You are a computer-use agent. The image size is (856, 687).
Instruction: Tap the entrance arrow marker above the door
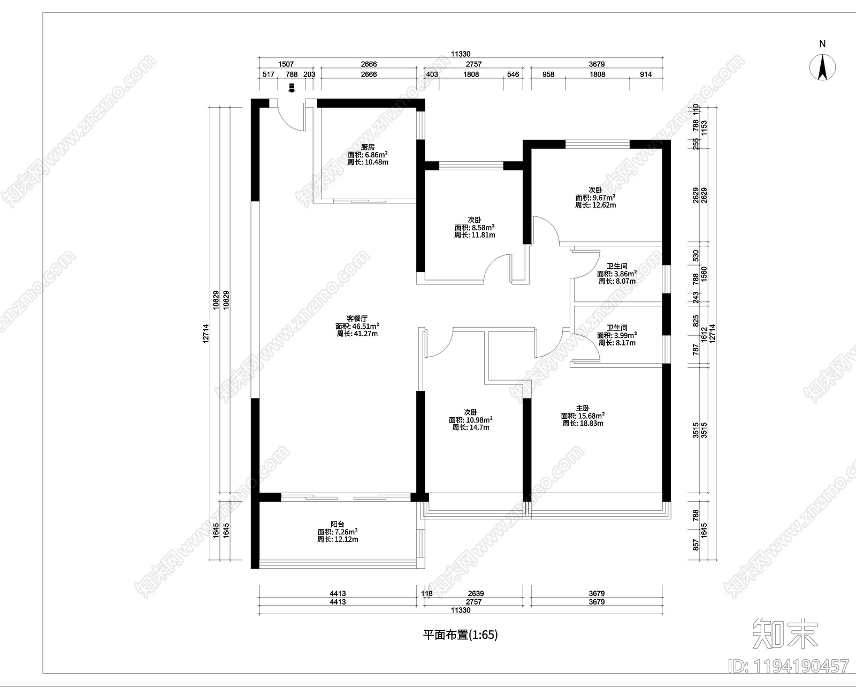pyautogui.click(x=292, y=87)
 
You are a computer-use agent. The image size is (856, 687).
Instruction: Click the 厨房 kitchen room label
pyautogui.click(x=368, y=147)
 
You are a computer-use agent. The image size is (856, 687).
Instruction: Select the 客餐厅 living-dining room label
pyautogui.click(x=357, y=318)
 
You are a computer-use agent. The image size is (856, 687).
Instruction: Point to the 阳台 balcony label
pyautogui.click(x=338, y=524)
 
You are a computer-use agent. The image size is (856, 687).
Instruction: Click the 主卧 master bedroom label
pyautogui.click(x=583, y=408)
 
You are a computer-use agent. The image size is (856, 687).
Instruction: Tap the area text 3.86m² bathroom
pyautogui.click(x=617, y=274)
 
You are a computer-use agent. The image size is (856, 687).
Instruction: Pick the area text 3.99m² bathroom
pyautogui.click(x=617, y=336)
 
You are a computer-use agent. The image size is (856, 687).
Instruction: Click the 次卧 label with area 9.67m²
pyautogui.click(x=595, y=190)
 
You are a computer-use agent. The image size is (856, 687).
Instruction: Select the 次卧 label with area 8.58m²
pyautogui.click(x=475, y=220)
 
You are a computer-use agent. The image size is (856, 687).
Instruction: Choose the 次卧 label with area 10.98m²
pyautogui.click(x=470, y=412)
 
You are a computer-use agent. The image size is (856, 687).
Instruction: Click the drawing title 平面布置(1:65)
pyautogui.click(x=461, y=635)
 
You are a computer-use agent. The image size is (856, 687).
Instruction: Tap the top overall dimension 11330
pyautogui.click(x=461, y=54)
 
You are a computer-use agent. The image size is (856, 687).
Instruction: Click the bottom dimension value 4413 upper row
pyautogui.click(x=338, y=593)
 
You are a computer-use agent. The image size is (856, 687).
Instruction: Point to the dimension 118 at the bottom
pyautogui.click(x=427, y=593)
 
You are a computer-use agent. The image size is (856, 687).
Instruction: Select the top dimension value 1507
pyautogui.click(x=286, y=64)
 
